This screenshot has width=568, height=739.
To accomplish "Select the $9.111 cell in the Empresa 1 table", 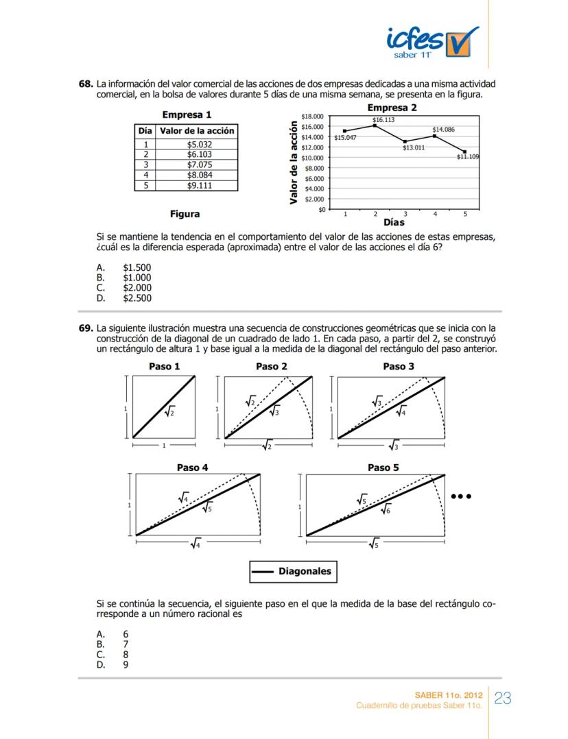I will click(200, 185).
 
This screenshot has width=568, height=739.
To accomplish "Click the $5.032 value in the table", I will click(200, 145).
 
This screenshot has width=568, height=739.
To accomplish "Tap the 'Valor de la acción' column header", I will click(197, 131).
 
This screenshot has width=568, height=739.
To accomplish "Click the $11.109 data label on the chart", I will click(468, 157).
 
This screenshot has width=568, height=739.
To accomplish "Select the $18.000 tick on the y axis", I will click(313, 117).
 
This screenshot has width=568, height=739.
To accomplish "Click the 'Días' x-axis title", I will click(394, 222).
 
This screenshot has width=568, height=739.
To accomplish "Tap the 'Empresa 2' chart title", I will click(392, 108).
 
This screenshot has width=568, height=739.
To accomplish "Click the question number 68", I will click(85, 84).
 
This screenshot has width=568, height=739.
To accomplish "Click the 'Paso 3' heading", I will click(399, 367).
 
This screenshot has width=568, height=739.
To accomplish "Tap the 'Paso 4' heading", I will click(192, 468).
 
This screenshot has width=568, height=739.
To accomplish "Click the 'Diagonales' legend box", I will click(294, 571).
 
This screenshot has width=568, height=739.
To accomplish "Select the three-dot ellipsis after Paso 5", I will click(464, 496).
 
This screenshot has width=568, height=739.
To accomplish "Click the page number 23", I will click(502, 699).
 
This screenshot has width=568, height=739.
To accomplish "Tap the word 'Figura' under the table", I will click(185, 214).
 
